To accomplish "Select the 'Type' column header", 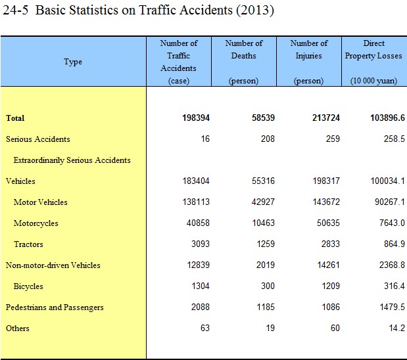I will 73,62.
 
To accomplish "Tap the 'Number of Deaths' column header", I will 244,49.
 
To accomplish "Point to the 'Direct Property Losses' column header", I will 373,49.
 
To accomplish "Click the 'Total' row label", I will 15,118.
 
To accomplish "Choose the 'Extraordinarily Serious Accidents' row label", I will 72,160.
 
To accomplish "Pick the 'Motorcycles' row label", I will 36,223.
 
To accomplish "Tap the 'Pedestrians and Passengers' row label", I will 55,307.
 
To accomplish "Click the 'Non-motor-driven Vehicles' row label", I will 53,265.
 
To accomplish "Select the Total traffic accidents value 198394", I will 196,118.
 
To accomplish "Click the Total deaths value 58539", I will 261,118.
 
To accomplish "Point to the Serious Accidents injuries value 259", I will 332,139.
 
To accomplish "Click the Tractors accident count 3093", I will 199,244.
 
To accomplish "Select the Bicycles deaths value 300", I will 267,286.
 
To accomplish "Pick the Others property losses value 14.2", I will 396,328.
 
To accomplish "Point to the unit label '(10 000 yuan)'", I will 373,81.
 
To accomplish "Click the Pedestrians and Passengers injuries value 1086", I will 329,307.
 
